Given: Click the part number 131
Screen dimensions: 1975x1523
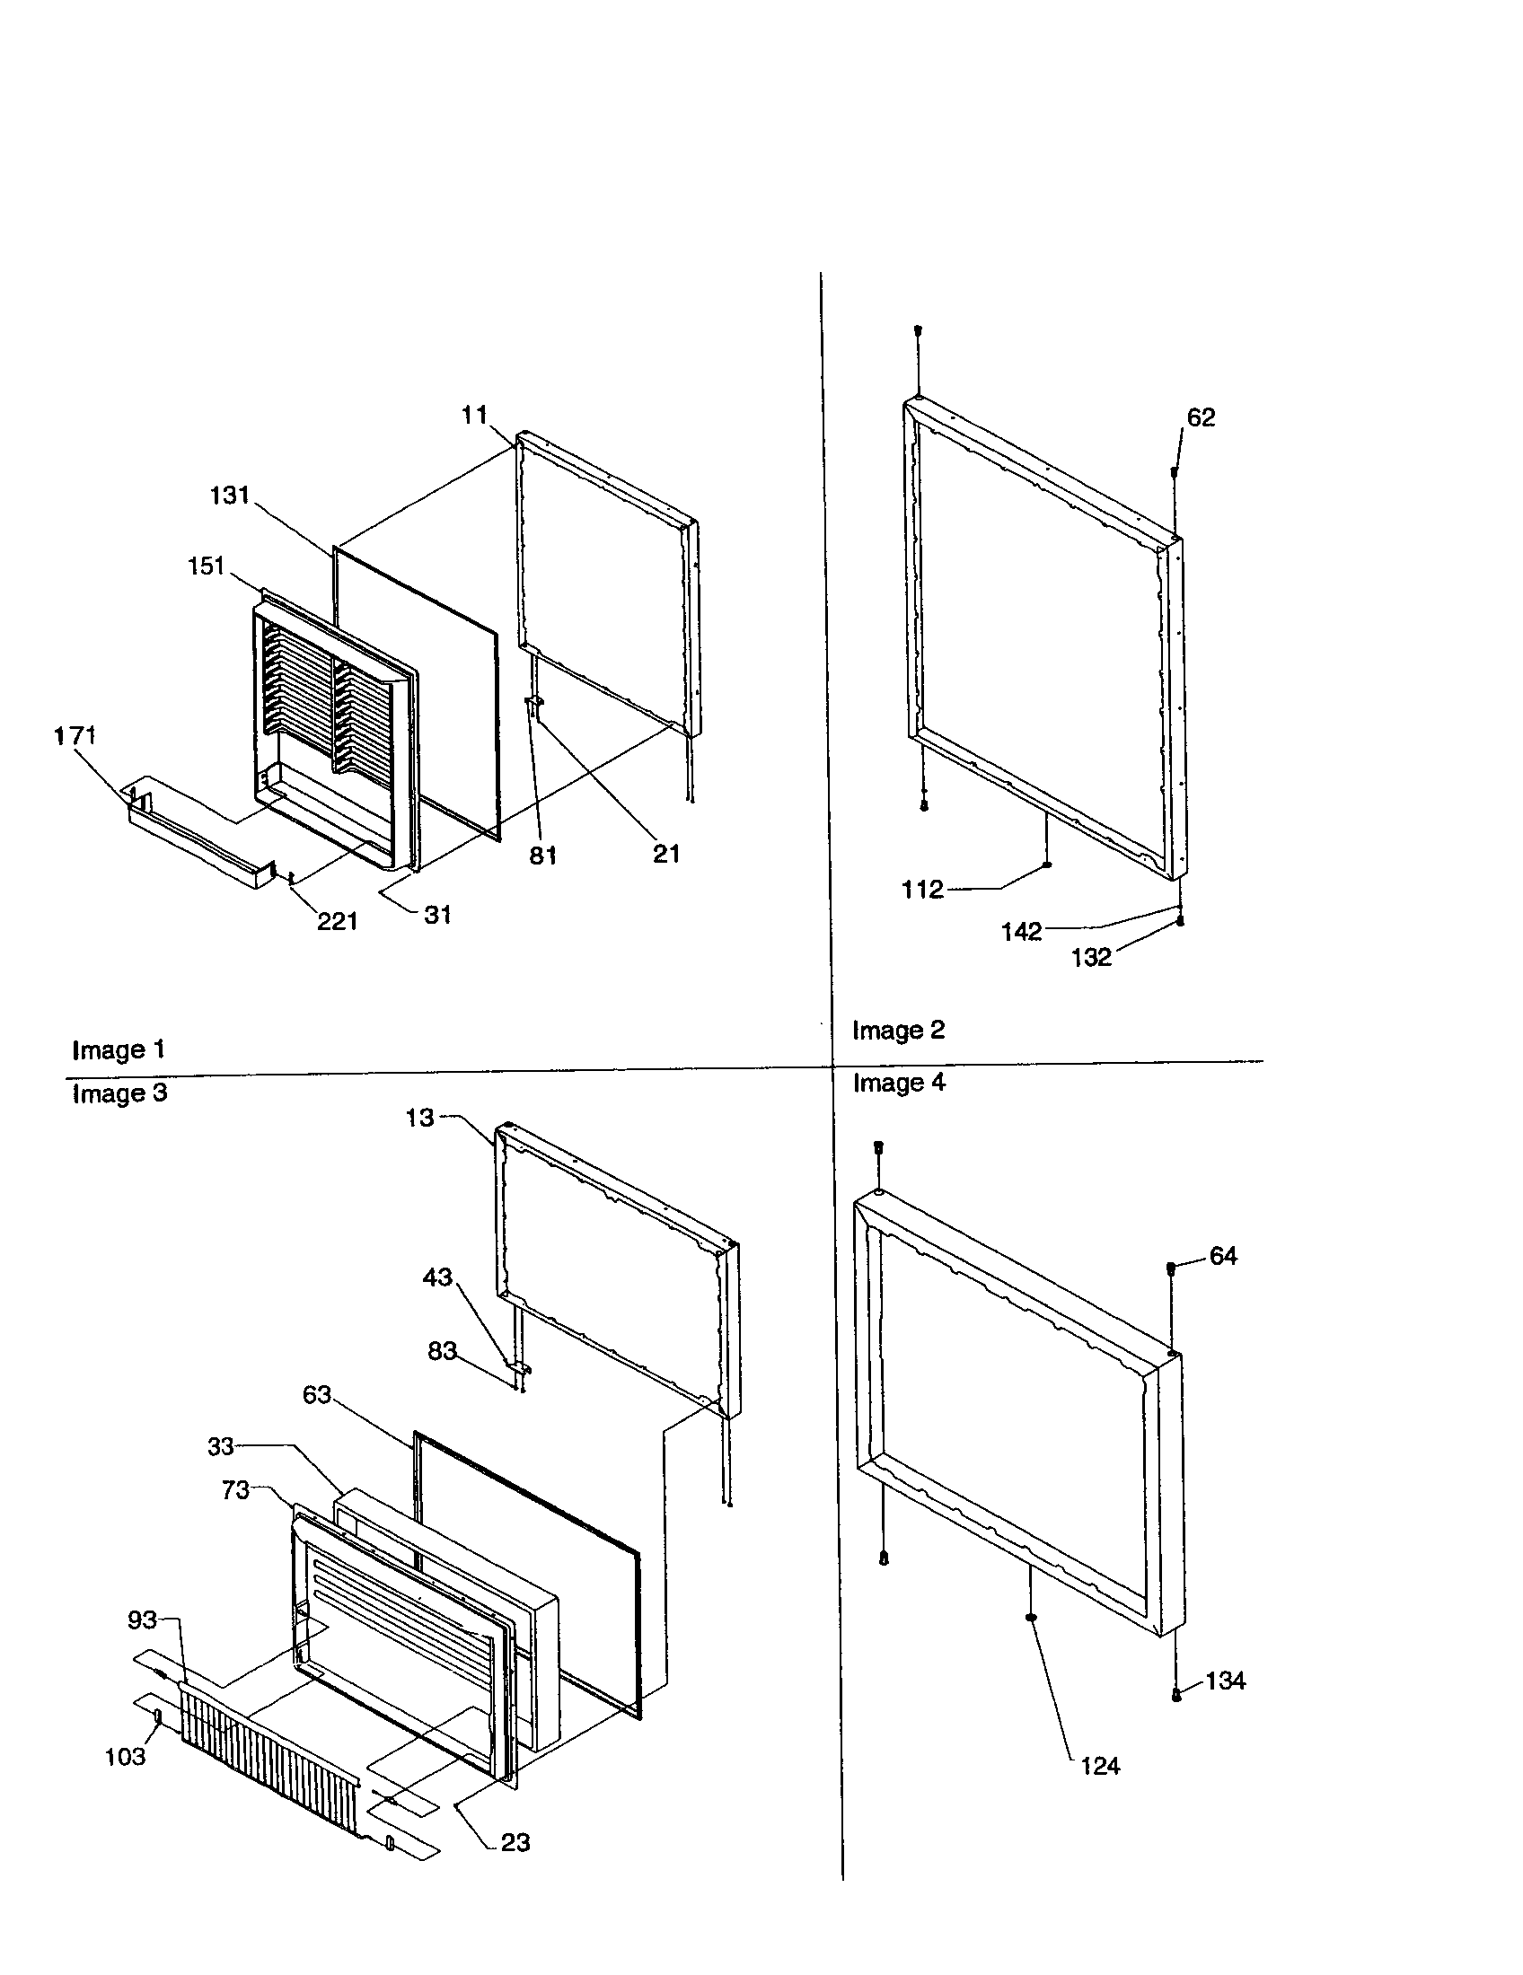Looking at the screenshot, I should [229, 496].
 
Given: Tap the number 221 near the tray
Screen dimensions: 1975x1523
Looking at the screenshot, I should [337, 921].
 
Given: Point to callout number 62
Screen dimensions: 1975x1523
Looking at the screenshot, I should [1200, 417].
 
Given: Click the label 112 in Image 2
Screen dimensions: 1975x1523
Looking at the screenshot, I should [922, 890].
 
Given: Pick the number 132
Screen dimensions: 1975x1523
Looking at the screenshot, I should [1091, 958].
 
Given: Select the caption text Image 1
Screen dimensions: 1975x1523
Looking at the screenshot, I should [119, 1050].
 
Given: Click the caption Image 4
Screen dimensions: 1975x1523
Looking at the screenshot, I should [898, 1083].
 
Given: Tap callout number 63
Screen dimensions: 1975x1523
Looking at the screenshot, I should [316, 1395].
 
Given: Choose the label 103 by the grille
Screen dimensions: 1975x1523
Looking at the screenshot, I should [125, 1756].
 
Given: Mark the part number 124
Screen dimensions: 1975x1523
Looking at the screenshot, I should [1100, 1765].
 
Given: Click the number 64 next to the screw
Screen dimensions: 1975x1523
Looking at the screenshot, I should [1223, 1256].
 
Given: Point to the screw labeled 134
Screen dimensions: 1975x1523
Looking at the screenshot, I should [1176, 1696].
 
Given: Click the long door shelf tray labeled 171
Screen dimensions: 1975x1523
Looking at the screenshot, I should [195, 834].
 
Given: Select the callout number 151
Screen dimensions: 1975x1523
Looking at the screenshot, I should [206, 566].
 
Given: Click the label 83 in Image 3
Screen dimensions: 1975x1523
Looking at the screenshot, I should [441, 1351].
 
